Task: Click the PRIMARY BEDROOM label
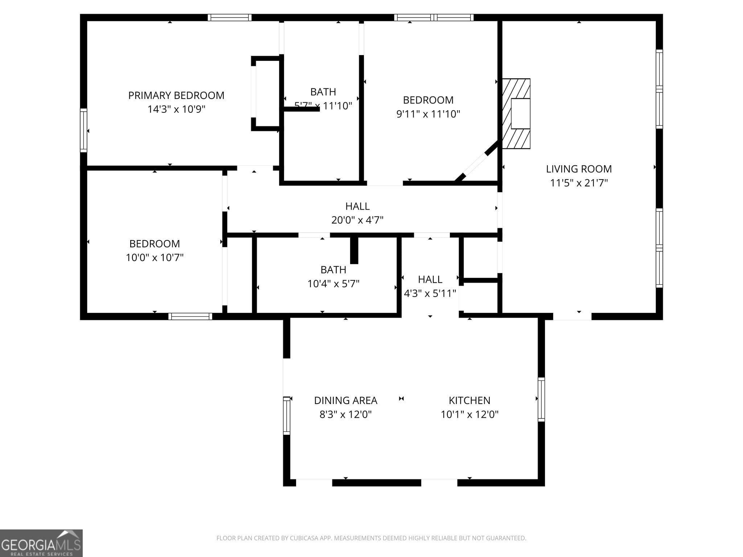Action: coord(176,95)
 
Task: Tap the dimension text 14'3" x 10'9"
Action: coord(176,109)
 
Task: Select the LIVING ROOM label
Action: coord(579,169)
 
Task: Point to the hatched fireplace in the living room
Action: coord(516,114)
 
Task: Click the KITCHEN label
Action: coord(469,400)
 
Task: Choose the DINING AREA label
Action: coord(345,400)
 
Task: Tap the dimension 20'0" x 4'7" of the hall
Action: coord(357,220)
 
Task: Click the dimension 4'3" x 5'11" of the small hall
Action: coord(430,293)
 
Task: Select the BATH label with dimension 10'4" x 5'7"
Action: coord(333,270)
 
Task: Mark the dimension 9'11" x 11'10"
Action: coord(428,114)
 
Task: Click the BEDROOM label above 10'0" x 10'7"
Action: coord(155,244)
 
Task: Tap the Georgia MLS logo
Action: coord(41,543)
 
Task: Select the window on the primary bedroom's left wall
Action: coord(83,130)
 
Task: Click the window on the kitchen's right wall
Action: coord(541,399)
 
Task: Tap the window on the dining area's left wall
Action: coord(287,416)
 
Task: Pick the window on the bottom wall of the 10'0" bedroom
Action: coord(190,316)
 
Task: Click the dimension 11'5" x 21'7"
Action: coord(579,183)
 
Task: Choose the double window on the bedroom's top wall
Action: coord(434,17)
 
